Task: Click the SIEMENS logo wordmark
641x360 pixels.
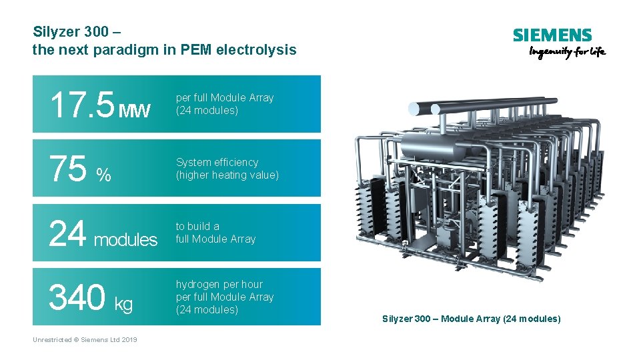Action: coord(552,35)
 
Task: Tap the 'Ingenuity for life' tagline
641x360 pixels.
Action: coord(567,53)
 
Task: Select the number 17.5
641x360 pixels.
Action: coord(81,105)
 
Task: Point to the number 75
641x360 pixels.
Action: coord(67,169)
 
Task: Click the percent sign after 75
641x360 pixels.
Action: coord(103,175)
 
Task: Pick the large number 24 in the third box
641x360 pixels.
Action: coord(67,233)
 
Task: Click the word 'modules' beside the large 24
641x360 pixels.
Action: coord(125,239)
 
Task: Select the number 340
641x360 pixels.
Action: coord(77,297)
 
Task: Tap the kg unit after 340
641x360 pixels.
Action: coord(123,305)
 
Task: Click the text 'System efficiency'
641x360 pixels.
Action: coord(217,163)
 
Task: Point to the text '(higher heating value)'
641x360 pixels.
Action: coord(227,175)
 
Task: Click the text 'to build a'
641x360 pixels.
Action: coord(197,227)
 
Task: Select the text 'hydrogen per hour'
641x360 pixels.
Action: coord(219,285)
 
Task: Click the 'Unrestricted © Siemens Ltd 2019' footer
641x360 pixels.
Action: coord(85,340)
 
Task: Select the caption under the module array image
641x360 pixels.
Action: coord(471,319)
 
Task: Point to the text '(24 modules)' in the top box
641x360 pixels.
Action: coord(207,111)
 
